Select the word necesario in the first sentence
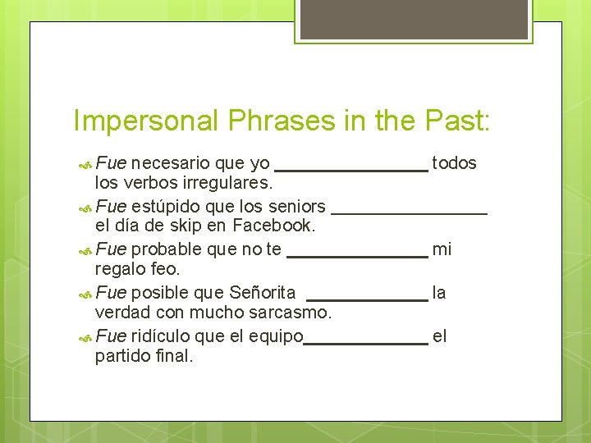(170, 162)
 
